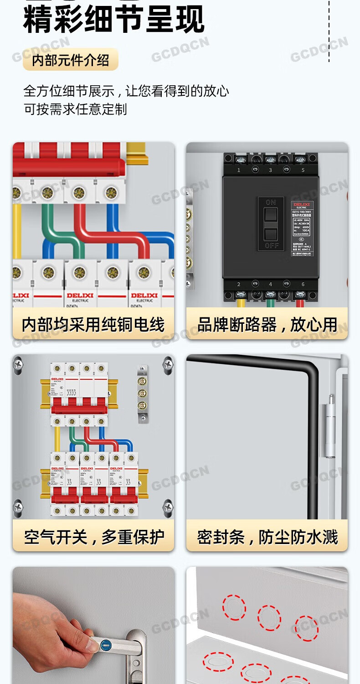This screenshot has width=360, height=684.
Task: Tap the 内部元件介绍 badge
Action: tap(71, 60)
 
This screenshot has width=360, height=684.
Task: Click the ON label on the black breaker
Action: tap(271, 202)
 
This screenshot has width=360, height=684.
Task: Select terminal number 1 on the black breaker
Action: tap(239, 170)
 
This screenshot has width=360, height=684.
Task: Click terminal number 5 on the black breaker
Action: tap(303, 170)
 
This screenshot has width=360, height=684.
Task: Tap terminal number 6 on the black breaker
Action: tap(303, 285)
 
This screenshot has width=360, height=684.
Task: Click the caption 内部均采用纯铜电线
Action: tap(93, 325)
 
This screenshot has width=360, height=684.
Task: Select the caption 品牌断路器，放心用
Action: tap(267, 325)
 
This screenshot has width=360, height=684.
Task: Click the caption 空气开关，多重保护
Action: tap(93, 537)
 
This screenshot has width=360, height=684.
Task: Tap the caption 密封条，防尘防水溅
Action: tap(267, 537)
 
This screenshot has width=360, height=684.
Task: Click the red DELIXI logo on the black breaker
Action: tap(301, 205)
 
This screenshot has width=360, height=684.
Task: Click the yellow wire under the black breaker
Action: tap(240, 301)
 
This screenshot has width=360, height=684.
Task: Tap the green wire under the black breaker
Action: tap(271, 301)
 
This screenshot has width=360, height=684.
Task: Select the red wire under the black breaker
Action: tap(300, 301)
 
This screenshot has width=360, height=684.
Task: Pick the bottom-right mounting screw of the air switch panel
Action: tap(168, 507)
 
